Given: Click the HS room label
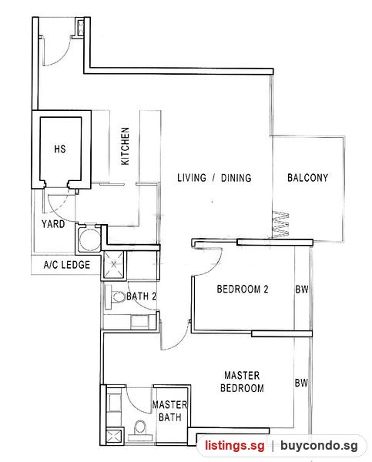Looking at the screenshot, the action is [60, 149].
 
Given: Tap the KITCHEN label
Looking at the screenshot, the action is [125, 146].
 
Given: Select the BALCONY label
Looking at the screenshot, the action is [307, 178].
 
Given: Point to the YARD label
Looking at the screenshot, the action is [53, 224].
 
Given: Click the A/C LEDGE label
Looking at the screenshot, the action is [66, 265].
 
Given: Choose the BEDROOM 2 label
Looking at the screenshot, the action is [243, 289].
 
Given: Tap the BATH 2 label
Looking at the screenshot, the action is [141, 296].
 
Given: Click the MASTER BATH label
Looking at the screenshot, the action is [169, 411].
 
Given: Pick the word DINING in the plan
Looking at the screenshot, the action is [236, 178].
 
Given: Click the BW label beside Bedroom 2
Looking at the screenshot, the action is [302, 290].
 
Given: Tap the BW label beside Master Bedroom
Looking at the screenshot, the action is [301, 383].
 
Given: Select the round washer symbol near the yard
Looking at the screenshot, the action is [89, 239].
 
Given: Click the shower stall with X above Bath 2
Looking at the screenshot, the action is [113, 264].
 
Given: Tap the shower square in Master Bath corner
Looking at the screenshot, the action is [113, 437].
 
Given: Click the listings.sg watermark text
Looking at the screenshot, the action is [235, 445].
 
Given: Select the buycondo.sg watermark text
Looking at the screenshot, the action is [319, 446].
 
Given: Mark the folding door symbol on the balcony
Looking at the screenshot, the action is [280, 224].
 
